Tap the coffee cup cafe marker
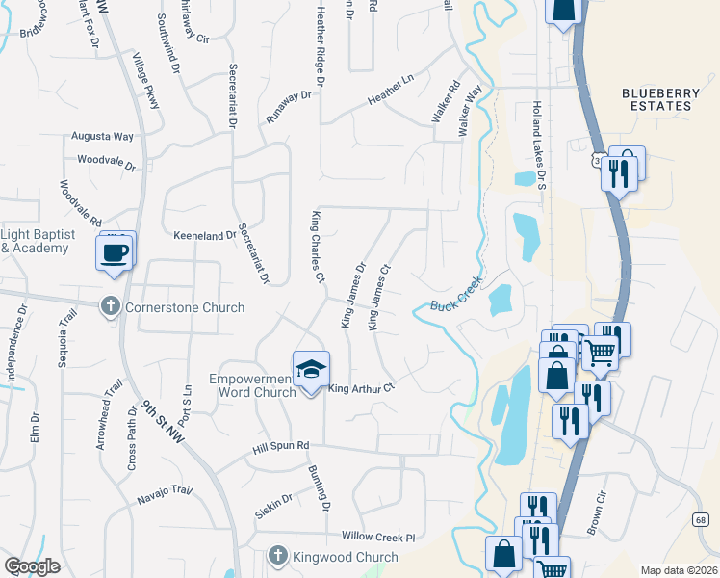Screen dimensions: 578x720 pyautogui.click(x=116, y=252)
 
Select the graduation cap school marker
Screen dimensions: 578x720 pyautogui.click(x=311, y=371)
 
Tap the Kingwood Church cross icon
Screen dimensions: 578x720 pyautogui.click(x=277, y=556)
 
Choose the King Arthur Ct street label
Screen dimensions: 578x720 pyautogui.click(x=363, y=389)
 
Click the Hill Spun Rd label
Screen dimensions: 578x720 pyautogui.click(x=280, y=446)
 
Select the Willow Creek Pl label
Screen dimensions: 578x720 pyautogui.click(x=377, y=537)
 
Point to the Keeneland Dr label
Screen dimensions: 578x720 pyautogui.click(x=204, y=235)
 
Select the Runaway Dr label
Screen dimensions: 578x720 pyautogui.click(x=289, y=107)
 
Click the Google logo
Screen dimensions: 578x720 pyautogui.click(x=32, y=566)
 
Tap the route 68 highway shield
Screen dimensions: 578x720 pyautogui.click(x=698, y=519)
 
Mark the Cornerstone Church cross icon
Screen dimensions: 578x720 pyautogui.click(x=112, y=305)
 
